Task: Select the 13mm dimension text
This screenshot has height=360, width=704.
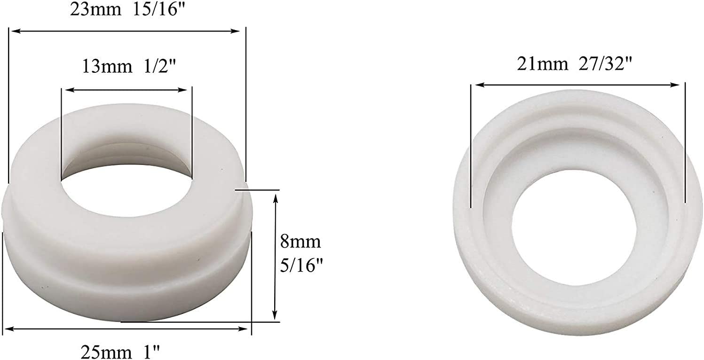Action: [106, 66]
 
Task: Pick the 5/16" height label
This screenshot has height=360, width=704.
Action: [301, 265]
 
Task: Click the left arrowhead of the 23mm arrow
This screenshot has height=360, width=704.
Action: [14, 31]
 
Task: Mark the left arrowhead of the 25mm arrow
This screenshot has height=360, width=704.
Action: [8, 329]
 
